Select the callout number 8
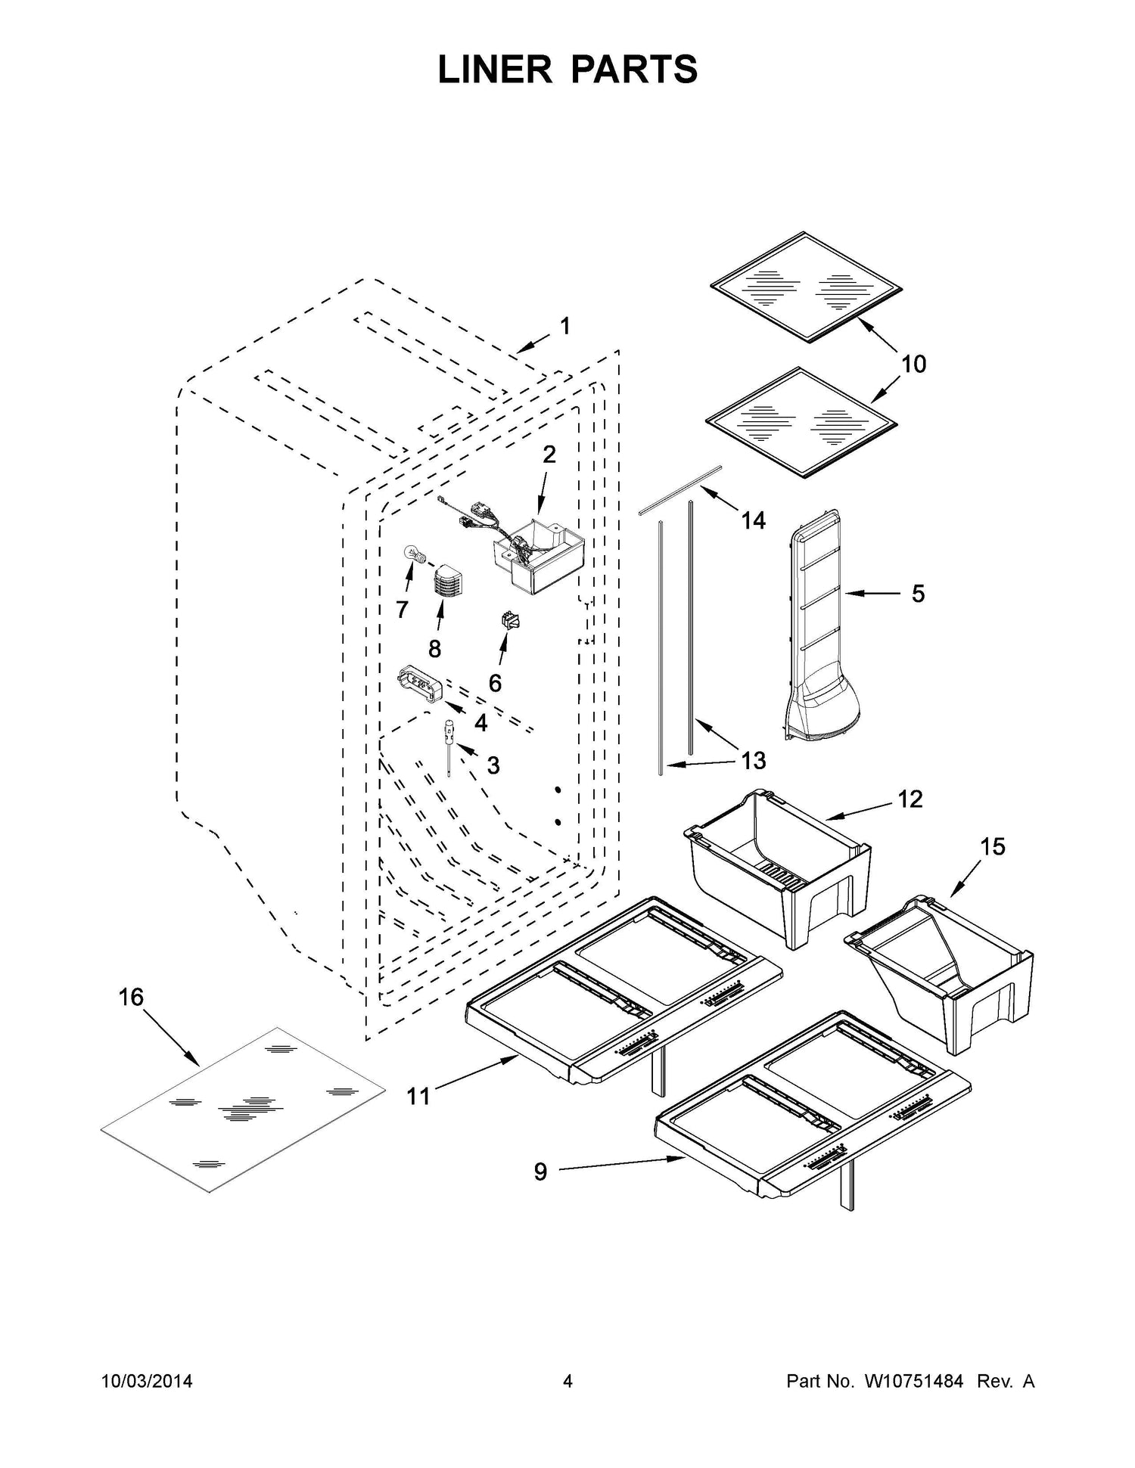pyautogui.click(x=434, y=648)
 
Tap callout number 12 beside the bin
pyautogui.click(x=910, y=799)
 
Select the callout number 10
pyautogui.click(x=914, y=364)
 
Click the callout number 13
pyautogui.click(x=754, y=760)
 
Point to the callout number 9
pyautogui.click(x=540, y=1172)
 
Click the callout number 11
pyautogui.click(x=418, y=1096)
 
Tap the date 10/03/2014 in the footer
pyautogui.click(x=147, y=1382)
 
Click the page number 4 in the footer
pyautogui.click(x=567, y=1382)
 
